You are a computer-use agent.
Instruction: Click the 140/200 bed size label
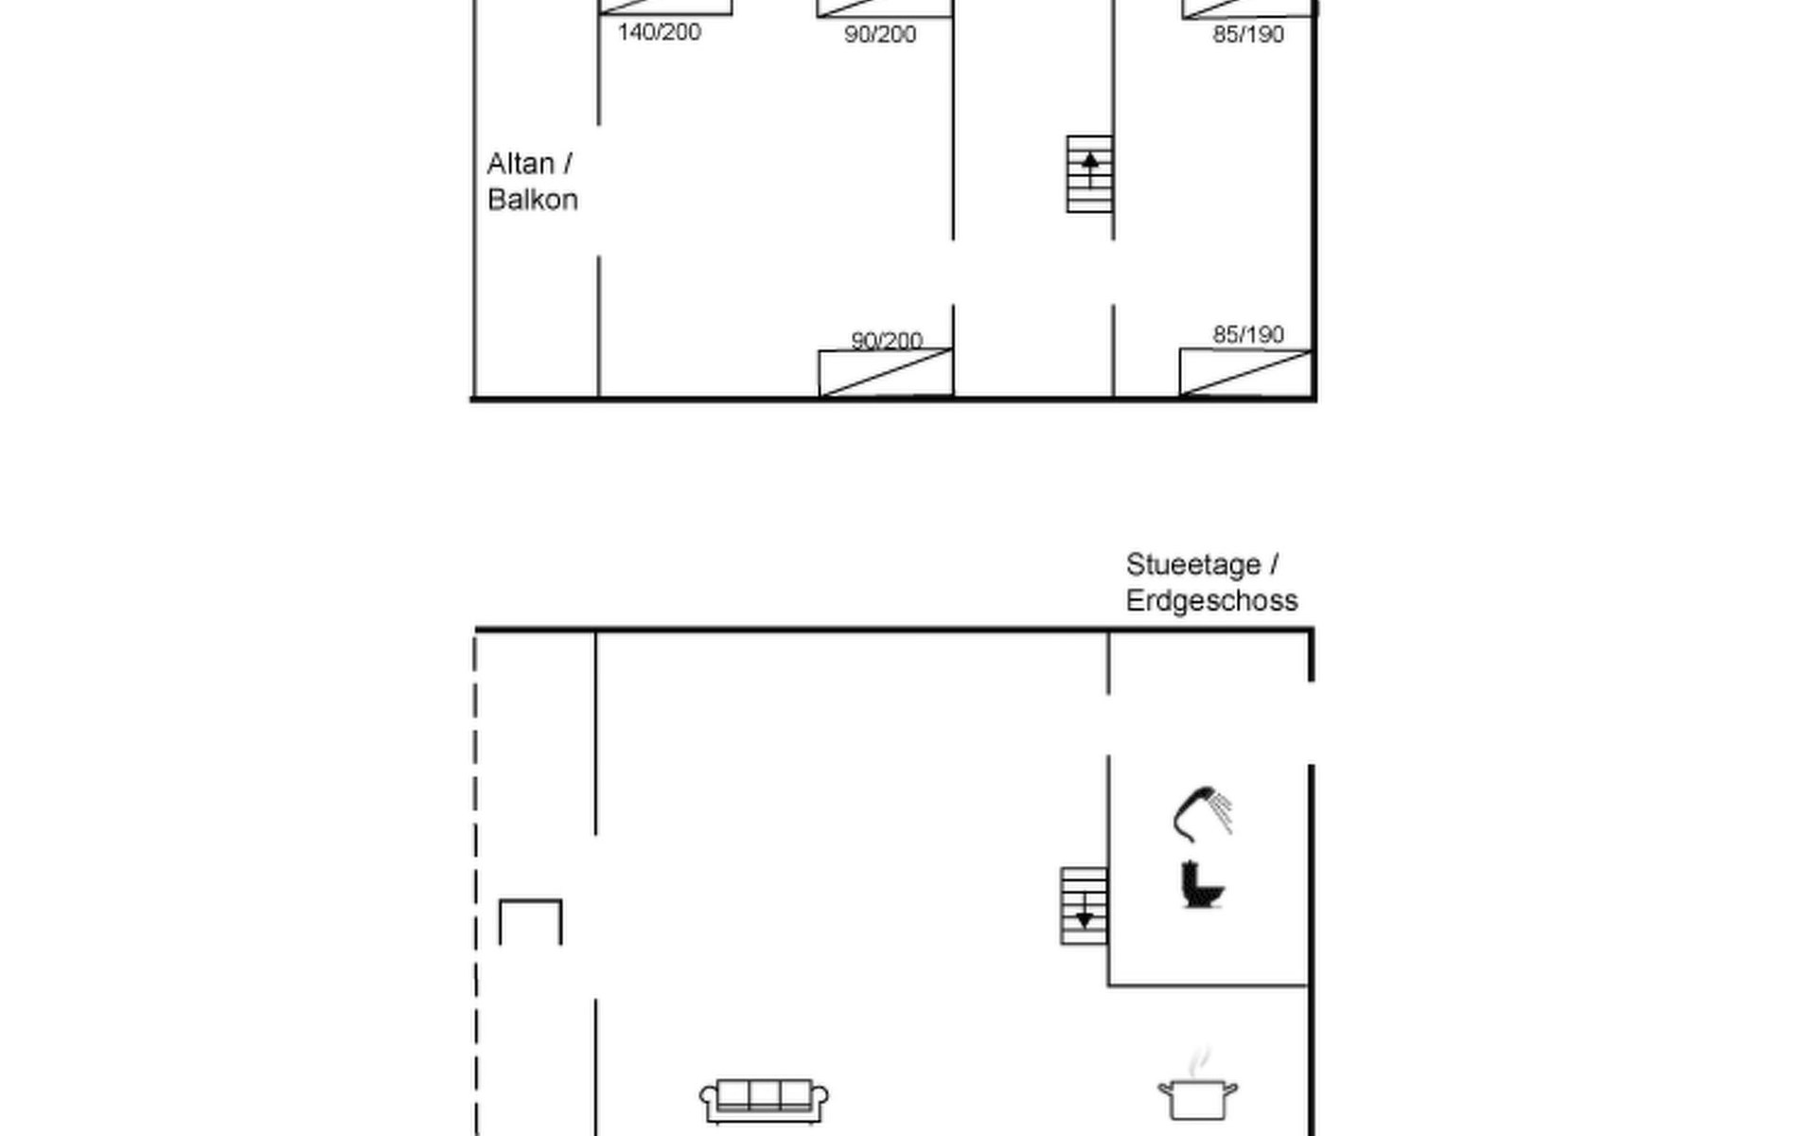659,32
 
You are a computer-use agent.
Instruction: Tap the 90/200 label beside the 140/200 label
880,35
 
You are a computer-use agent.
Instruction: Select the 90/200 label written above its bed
887,340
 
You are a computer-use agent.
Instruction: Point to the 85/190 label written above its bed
1248,334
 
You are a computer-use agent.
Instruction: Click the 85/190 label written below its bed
1248,35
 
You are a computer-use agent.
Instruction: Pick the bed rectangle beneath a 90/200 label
886,373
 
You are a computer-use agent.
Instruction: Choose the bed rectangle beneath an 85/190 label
1245,373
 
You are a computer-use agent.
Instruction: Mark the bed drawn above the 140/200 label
665,8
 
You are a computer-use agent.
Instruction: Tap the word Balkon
533,200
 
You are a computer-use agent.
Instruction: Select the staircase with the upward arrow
1089,174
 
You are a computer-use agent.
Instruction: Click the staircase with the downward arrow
1084,906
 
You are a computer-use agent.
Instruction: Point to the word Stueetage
1193,565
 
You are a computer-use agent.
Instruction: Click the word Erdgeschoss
1211,601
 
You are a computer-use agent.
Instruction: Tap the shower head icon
1203,813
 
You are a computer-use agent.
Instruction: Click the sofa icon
764,1101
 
